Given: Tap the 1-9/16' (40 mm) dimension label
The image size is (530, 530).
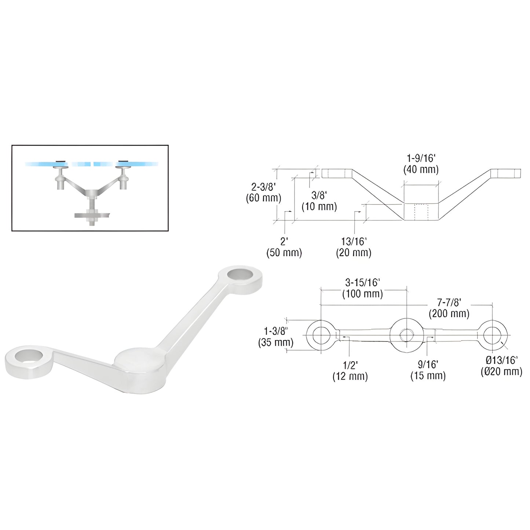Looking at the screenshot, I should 421,164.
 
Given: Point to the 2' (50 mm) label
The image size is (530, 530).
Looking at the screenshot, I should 284,247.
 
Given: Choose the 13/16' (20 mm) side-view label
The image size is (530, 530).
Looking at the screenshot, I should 354,247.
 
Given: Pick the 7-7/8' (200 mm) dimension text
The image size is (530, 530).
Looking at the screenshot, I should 449,308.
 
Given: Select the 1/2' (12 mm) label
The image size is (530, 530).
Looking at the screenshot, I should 350,371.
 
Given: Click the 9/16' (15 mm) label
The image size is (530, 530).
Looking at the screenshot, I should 428,370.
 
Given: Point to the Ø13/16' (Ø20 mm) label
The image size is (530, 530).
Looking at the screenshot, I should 501,366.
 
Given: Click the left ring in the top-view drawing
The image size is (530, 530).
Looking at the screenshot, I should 321,335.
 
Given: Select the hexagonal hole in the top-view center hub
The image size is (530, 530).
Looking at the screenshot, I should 407,335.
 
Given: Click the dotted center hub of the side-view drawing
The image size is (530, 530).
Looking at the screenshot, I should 421,212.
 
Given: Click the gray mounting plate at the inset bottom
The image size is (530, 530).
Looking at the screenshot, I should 92,215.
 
